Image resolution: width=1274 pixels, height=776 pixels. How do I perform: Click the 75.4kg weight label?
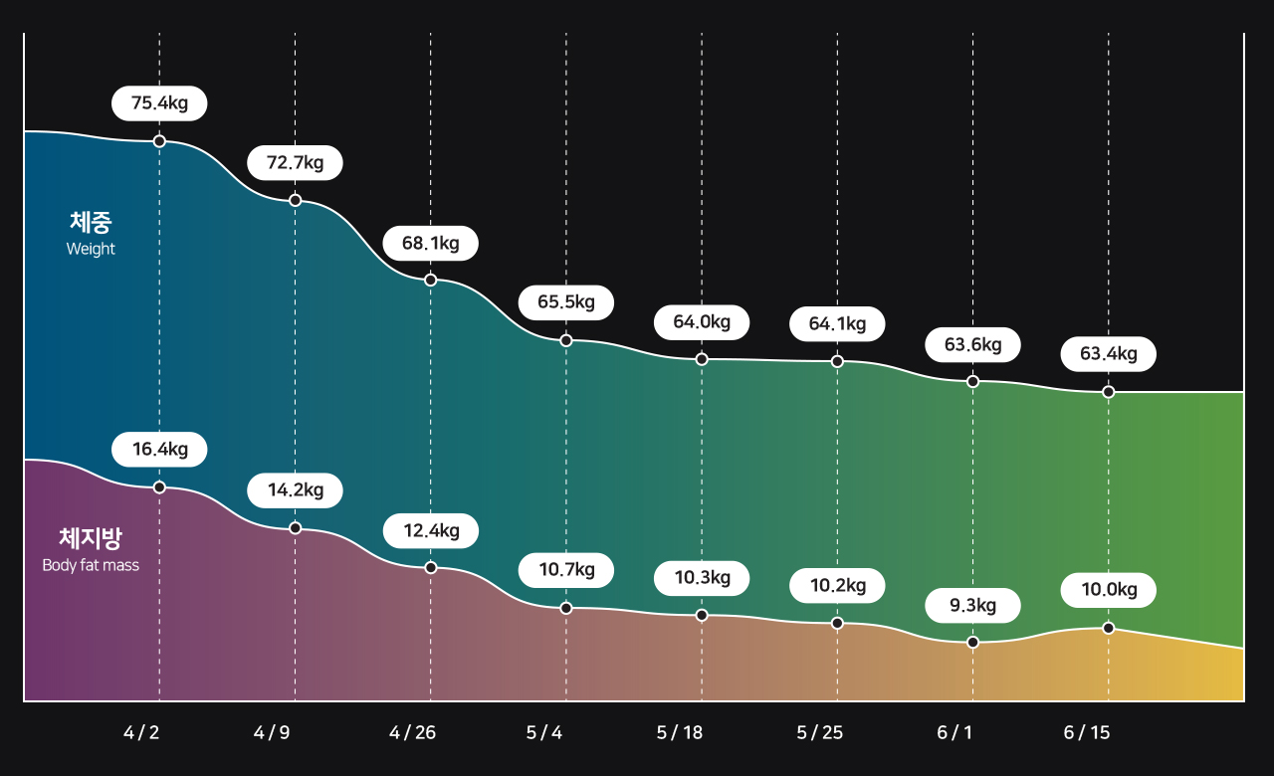point(159,103)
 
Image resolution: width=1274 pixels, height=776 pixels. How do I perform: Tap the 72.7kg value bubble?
point(295,163)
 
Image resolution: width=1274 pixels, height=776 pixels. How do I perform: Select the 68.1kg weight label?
point(430,243)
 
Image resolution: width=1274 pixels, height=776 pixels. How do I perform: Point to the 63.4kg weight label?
point(1108,354)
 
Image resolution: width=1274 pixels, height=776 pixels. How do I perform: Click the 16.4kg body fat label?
point(159,450)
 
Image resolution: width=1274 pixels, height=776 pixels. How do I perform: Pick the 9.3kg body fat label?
point(972,605)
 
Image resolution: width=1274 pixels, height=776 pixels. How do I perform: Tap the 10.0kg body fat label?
point(1108,590)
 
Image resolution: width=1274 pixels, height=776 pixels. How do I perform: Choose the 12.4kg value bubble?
point(430,531)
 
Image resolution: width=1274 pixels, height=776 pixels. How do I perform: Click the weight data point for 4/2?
point(159,141)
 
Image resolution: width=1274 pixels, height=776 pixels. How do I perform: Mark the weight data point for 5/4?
point(566,340)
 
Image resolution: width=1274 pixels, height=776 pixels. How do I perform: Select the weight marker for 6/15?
point(1109,392)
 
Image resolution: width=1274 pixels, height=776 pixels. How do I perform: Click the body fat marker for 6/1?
point(972,643)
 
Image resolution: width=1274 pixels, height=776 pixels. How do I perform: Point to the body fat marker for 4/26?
point(431,568)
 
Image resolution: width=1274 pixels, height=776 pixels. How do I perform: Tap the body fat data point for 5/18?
point(702,616)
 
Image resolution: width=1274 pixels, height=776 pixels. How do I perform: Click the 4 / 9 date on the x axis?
point(272,733)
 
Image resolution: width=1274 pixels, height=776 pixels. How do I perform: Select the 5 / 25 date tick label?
point(819,733)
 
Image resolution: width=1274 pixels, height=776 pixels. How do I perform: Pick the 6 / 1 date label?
point(955,733)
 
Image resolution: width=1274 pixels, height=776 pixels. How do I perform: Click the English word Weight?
point(91,250)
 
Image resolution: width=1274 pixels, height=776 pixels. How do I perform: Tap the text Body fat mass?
point(91,566)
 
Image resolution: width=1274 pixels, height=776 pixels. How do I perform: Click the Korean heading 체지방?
point(91,539)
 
